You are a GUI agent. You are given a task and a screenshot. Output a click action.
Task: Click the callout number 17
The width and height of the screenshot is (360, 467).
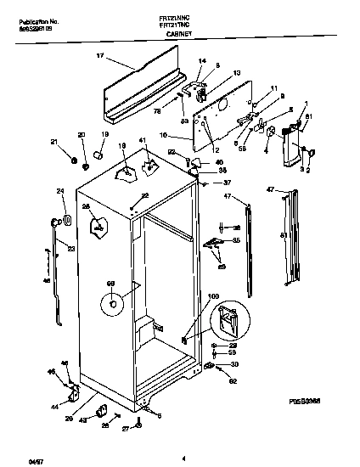[99, 58]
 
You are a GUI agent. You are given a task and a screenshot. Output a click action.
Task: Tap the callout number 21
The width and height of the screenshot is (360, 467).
[54, 142]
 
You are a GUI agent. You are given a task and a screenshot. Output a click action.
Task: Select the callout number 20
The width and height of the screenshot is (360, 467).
[82, 136]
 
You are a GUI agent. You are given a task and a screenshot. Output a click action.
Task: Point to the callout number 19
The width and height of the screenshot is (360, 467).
[105, 135]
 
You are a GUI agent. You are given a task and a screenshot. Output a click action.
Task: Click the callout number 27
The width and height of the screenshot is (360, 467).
[125, 430]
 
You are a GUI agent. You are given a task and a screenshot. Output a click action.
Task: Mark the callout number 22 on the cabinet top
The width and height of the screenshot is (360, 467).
[145, 196]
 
